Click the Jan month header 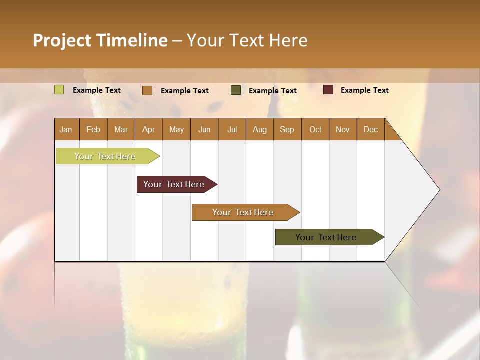[66, 129]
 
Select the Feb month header [93, 129]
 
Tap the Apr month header [149, 129]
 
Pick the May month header [176, 129]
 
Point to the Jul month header [232, 129]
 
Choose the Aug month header [260, 129]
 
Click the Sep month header [287, 129]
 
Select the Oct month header [315, 129]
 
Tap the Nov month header [343, 129]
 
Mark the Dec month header [371, 129]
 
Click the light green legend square [59, 90]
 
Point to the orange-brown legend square [147, 90]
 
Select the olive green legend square [236, 90]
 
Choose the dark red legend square [328, 90]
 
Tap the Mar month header [121, 129]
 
